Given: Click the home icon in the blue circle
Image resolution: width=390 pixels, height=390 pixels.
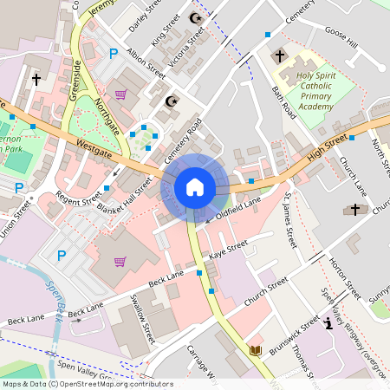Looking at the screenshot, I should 195,187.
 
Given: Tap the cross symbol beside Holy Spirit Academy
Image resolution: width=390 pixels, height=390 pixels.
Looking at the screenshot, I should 279,57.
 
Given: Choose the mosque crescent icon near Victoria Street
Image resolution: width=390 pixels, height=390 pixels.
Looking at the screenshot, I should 192,18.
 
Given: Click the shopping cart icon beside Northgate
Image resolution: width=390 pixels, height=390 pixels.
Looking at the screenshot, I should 120,94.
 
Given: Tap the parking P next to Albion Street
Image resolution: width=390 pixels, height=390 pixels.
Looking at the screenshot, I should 114,54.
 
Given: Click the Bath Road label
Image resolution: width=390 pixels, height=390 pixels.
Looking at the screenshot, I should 283,103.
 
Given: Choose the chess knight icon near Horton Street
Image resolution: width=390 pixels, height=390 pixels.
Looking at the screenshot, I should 328,324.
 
